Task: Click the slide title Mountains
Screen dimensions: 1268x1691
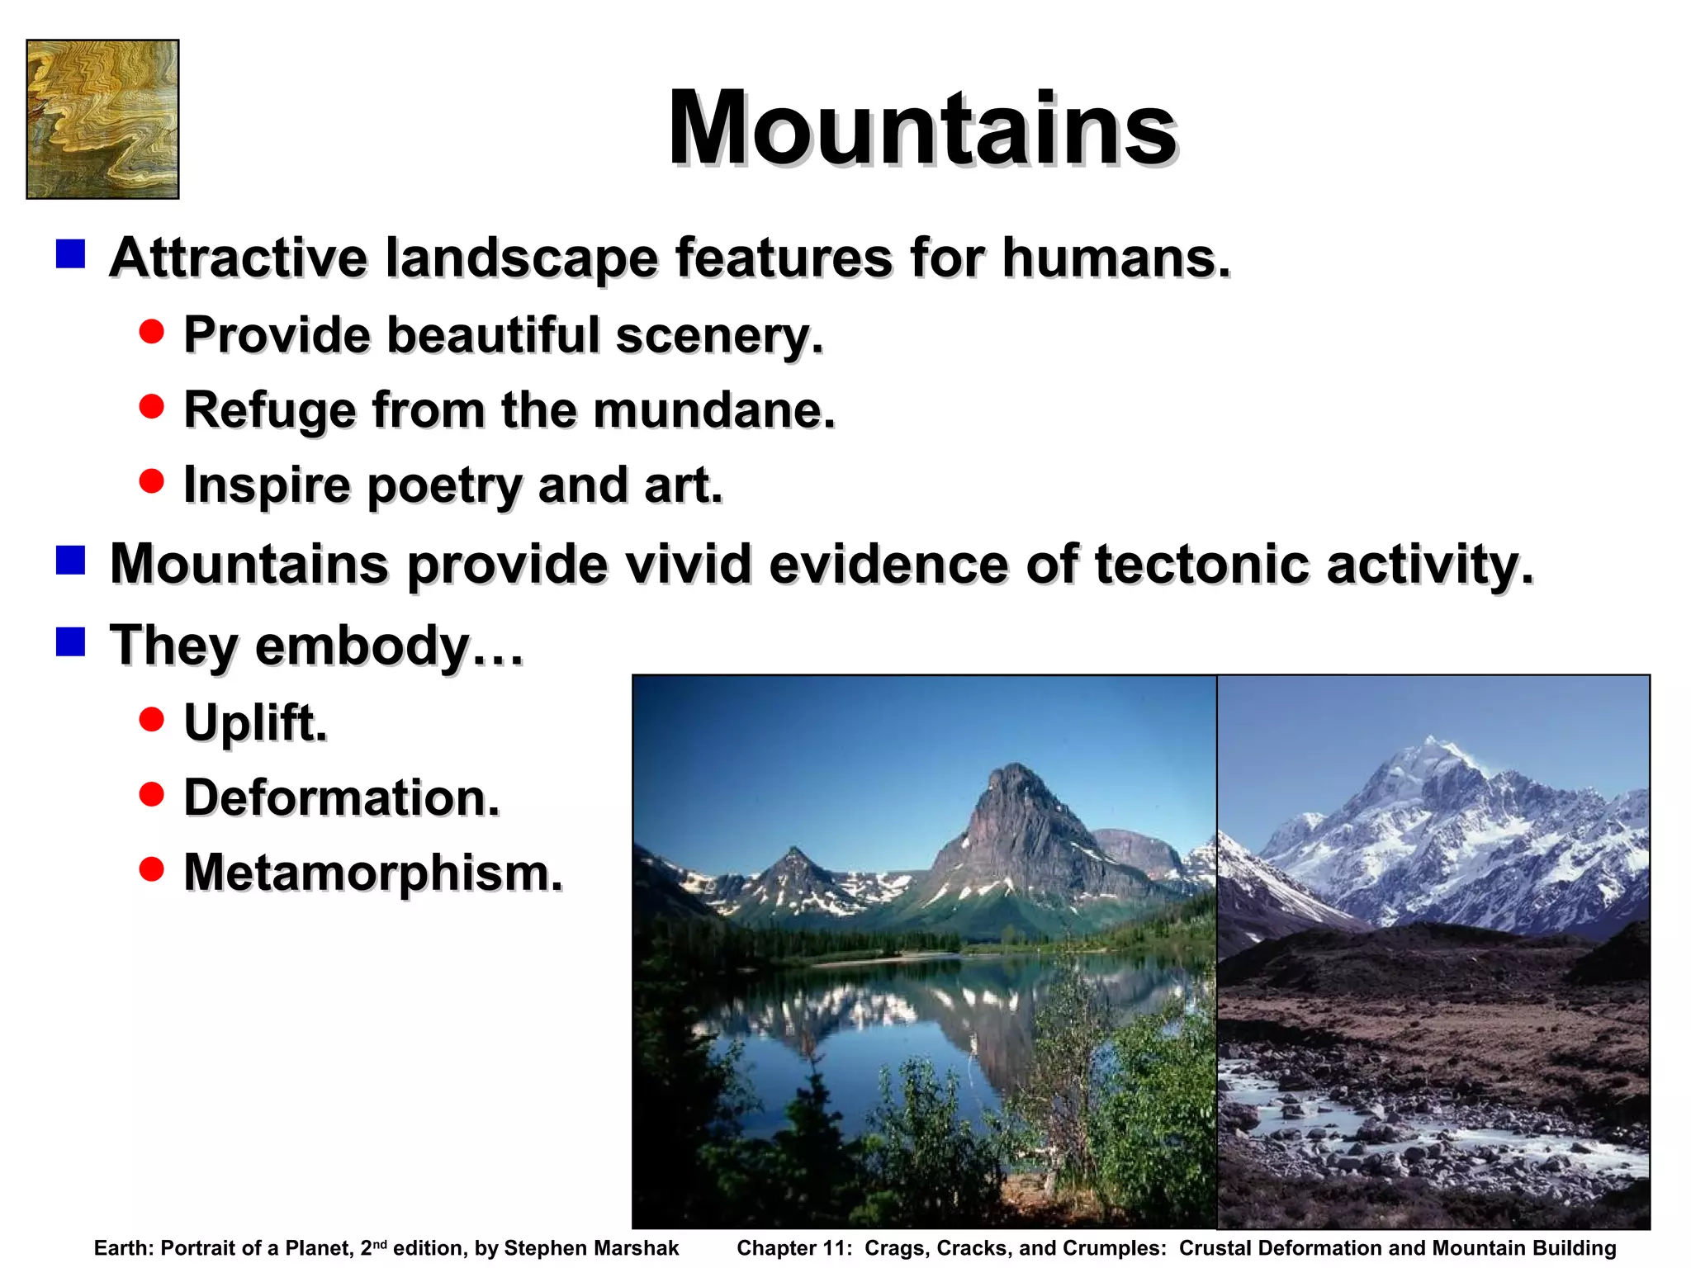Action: coord(921,130)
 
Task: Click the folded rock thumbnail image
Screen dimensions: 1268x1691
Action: coord(102,119)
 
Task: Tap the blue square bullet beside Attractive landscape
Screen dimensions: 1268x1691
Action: coord(71,254)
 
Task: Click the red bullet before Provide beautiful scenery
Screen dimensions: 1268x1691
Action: coord(151,332)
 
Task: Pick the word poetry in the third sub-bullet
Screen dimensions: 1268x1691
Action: coord(444,485)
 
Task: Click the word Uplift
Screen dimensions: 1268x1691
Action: coord(255,723)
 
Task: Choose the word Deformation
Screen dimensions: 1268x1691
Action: coord(342,798)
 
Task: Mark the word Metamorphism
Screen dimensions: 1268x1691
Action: coord(373,873)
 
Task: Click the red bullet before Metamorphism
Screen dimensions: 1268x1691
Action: coord(151,868)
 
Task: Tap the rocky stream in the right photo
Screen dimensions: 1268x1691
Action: coord(1404,1139)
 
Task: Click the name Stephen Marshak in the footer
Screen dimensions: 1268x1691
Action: coord(591,1248)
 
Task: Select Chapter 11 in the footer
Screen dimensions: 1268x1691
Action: coord(793,1248)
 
